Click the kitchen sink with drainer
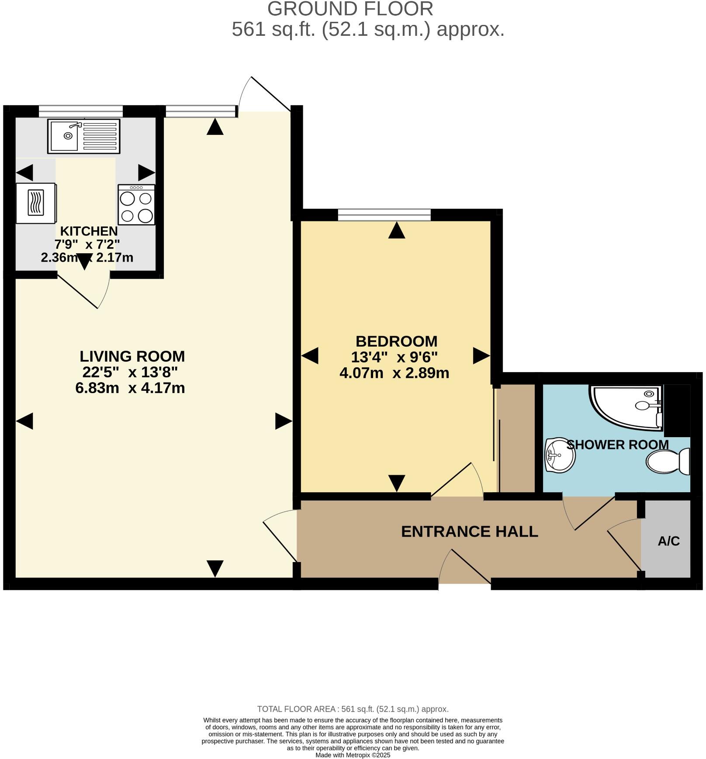pyautogui.click(x=83, y=136)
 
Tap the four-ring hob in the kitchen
pyautogui.click(x=136, y=205)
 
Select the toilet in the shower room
pyautogui.click(x=667, y=462)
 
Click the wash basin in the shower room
pyautogui.click(x=560, y=455)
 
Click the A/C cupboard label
pyautogui.click(x=668, y=541)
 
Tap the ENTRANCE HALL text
pyautogui.click(x=469, y=531)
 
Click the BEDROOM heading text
pyautogui.click(x=396, y=341)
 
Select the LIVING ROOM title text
pyautogui.click(x=132, y=356)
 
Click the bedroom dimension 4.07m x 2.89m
pyautogui.click(x=394, y=373)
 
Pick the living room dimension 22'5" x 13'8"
pyautogui.click(x=130, y=372)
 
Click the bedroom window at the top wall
pyautogui.click(x=384, y=214)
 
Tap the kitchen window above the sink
pyautogui.click(x=80, y=111)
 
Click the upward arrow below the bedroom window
pyautogui.click(x=396, y=230)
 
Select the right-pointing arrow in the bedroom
pyautogui.click(x=481, y=355)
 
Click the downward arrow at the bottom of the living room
pyautogui.click(x=215, y=568)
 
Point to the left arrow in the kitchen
pyautogui.click(x=24, y=172)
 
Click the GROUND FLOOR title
pyautogui.click(x=350, y=9)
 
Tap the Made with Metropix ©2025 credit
pyautogui.click(x=353, y=755)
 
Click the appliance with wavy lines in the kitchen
pyautogui.click(x=36, y=203)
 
